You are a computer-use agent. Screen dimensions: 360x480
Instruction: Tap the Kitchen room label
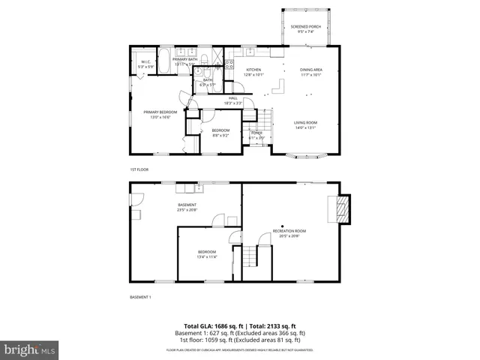[x=254, y=72]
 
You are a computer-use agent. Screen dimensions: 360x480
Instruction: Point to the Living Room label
[x=305, y=124]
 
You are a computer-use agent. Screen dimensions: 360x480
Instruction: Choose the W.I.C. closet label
[x=147, y=64]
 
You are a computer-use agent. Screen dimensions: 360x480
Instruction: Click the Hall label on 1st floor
[x=233, y=100]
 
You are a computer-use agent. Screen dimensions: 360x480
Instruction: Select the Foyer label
[x=256, y=136]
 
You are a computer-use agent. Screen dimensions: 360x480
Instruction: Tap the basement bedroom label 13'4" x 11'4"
[x=207, y=253]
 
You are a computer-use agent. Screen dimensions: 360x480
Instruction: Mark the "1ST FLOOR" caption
[x=140, y=169]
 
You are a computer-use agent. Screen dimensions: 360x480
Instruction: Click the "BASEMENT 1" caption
[x=141, y=298]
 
